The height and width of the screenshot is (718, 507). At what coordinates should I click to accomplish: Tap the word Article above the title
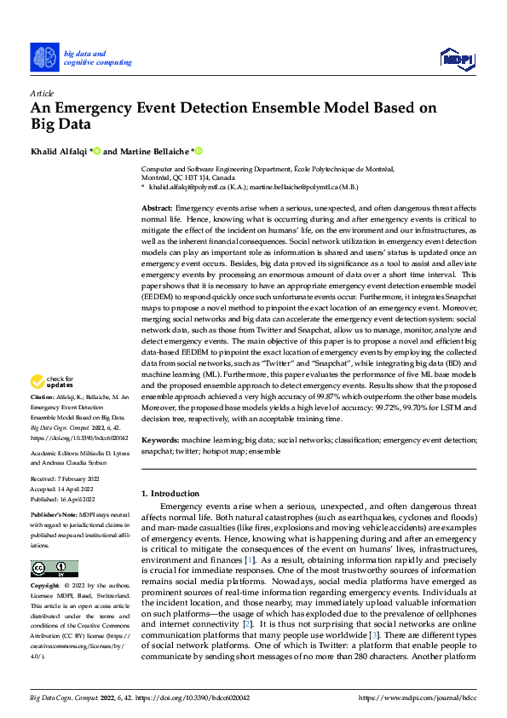point(41,93)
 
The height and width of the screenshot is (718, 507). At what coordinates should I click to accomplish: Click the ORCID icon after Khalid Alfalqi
point(97,151)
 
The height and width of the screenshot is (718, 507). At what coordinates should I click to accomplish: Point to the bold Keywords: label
point(160,440)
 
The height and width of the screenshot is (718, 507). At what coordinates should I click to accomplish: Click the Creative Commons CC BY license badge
point(54,569)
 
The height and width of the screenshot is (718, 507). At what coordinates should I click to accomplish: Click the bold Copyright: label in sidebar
point(44,587)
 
